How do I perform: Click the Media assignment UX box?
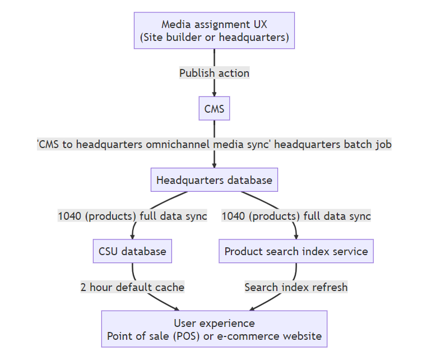214,31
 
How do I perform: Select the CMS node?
214,108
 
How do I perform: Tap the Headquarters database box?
214,180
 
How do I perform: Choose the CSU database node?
132,251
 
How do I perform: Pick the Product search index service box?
296,251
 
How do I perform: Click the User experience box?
214,329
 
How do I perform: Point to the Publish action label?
214,73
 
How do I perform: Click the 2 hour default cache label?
132,287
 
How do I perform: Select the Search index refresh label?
296,287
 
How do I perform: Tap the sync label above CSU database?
132,215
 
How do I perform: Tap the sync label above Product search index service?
296,215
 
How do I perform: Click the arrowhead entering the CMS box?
214,94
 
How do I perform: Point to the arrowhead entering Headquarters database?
214,165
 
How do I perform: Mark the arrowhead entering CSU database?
133,237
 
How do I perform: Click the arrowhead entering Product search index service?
296,237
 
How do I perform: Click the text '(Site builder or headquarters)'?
214,38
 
